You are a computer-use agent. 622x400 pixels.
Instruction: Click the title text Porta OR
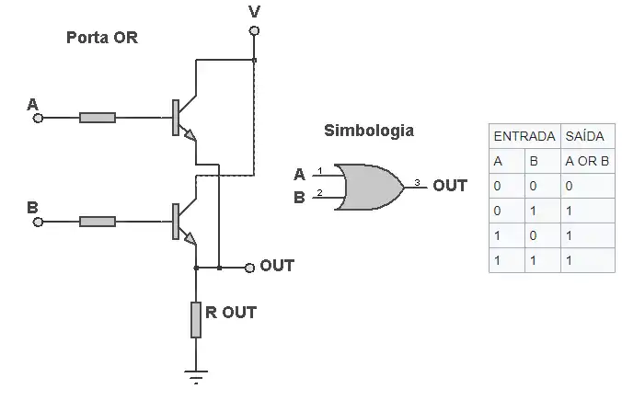(101, 39)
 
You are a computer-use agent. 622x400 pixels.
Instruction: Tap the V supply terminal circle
(254, 30)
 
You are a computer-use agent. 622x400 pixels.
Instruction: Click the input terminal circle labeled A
(38, 118)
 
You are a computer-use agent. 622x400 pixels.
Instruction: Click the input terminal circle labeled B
(38, 221)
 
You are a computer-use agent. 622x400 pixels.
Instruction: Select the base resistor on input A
(98, 118)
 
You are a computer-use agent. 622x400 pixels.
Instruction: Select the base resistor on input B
(98, 221)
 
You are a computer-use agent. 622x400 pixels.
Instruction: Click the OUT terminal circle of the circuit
(248, 268)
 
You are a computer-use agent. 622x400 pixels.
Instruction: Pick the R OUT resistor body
(196, 318)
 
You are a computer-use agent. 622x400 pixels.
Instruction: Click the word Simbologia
(368, 131)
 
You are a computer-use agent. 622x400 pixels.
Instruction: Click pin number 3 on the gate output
(416, 182)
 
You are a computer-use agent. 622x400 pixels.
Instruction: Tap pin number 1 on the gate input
(319, 170)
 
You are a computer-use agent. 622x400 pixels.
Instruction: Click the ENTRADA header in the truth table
(524, 136)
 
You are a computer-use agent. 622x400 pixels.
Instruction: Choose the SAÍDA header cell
(584, 136)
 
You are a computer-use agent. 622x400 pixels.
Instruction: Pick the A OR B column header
(586, 161)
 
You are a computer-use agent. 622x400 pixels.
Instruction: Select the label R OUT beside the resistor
(231, 313)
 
